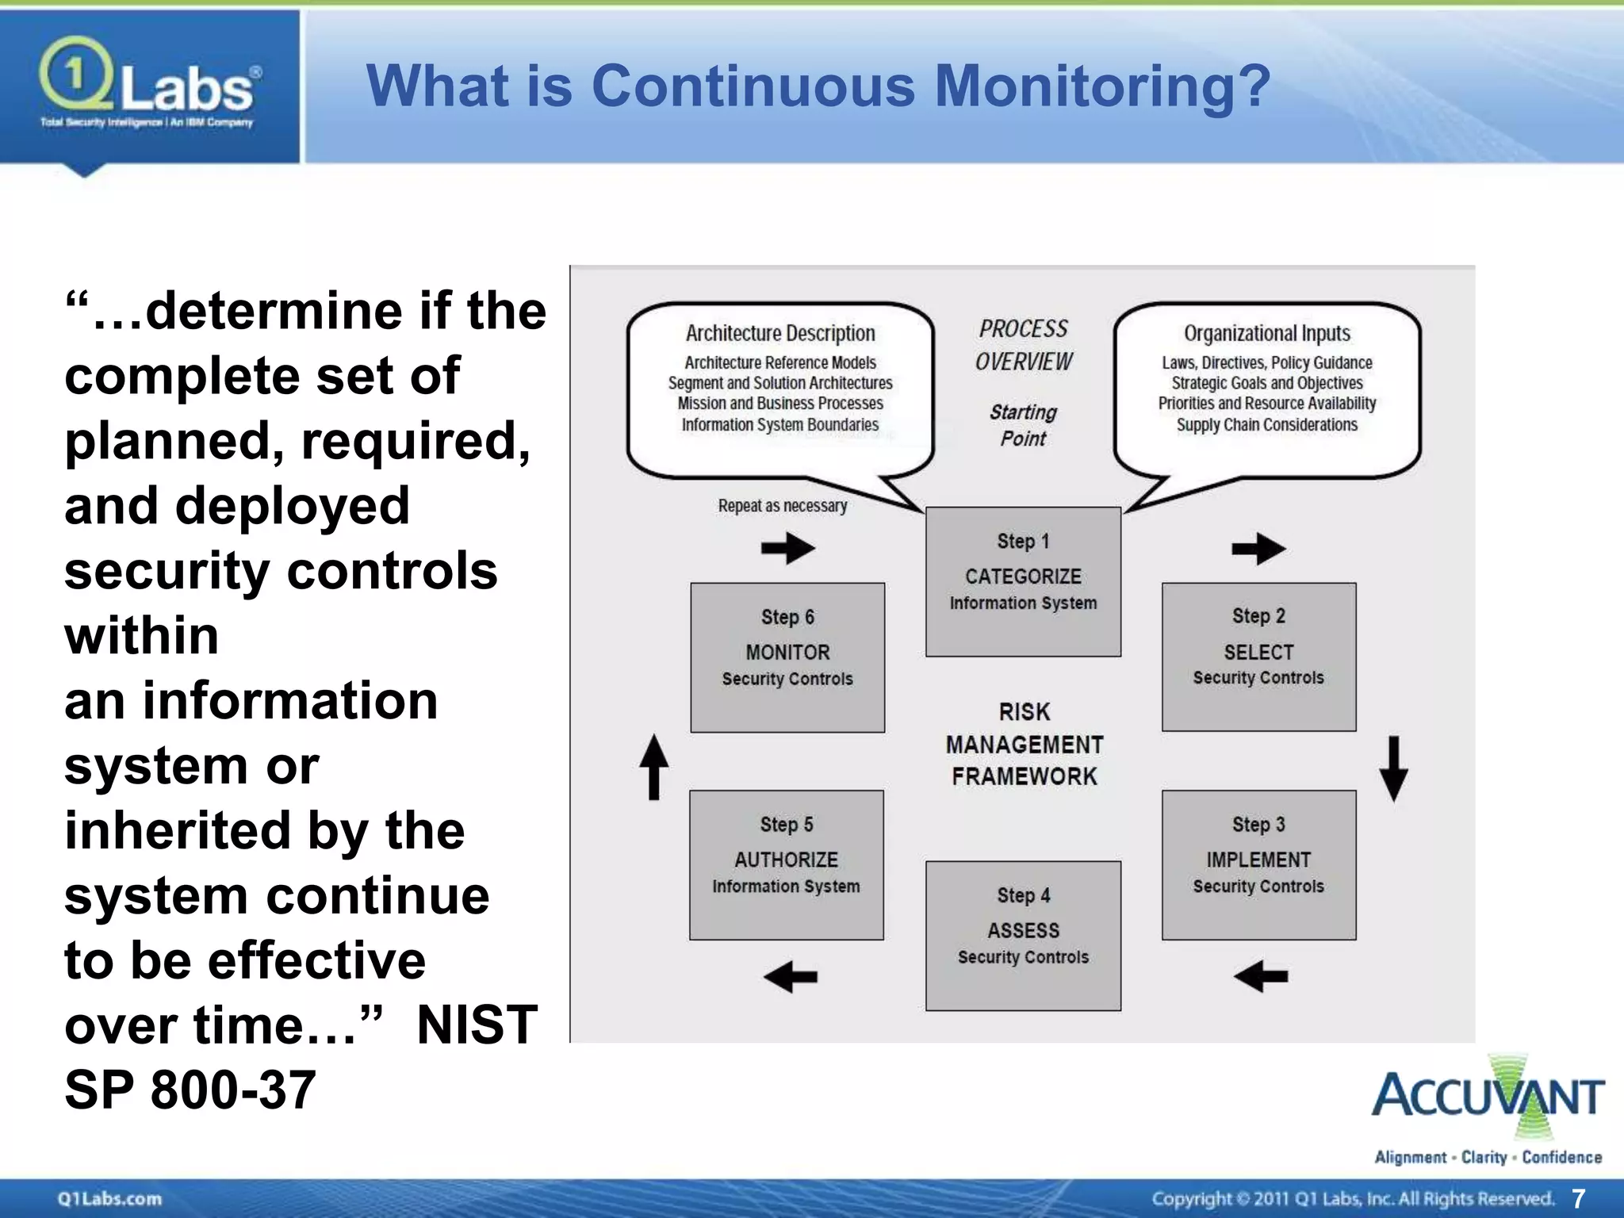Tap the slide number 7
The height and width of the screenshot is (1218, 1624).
(1577, 1198)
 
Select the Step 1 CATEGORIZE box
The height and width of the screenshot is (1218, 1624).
(1023, 581)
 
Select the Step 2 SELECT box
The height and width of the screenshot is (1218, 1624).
(1258, 657)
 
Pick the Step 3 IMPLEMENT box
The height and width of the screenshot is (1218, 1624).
(1258, 864)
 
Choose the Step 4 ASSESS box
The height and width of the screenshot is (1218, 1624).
(1023, 935)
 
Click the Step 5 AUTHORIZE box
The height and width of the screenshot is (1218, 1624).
(786, 864)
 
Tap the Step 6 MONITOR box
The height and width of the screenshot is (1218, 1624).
(787, 657)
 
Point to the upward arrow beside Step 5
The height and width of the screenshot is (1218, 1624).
(654, 767)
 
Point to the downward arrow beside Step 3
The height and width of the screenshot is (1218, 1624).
(1393, 768)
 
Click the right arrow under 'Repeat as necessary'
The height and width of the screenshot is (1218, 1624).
(787, 547)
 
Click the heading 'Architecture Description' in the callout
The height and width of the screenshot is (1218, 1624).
(780, 333)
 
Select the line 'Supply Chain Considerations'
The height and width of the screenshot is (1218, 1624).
(1266, 425)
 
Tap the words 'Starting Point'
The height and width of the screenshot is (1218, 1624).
(1023, 425)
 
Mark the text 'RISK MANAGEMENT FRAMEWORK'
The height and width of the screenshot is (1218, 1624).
(1024, 744)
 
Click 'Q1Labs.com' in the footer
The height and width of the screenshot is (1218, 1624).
(109, 1198)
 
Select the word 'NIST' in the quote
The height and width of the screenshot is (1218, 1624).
(477, 1025)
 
